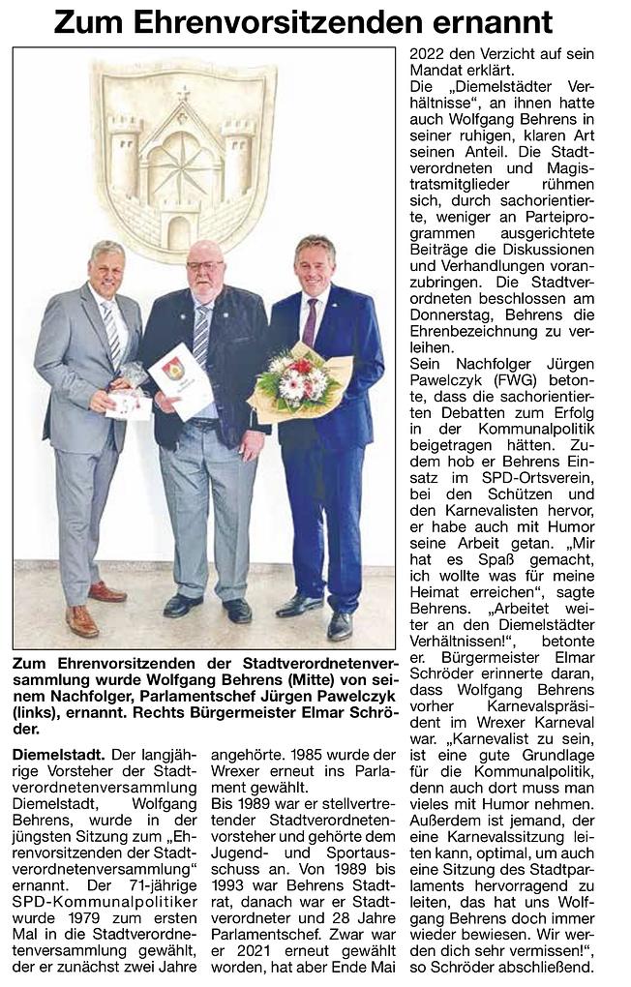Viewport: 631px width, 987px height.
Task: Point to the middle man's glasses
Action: coord(204,266)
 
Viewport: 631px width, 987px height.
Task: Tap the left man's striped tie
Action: coord(112,334)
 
